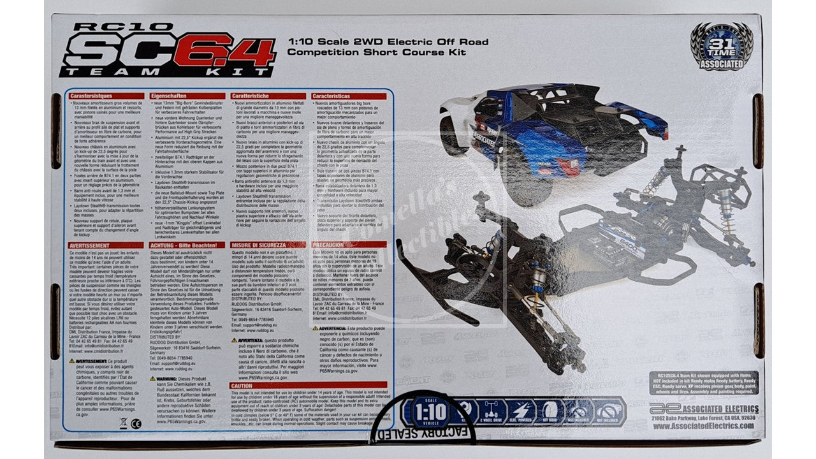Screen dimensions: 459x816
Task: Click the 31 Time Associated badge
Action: click(722, 45)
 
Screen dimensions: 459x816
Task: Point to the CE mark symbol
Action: click(135, 423)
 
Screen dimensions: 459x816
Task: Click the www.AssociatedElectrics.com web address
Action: click(705, 427)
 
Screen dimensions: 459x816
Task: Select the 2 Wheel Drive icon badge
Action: click(496, 412)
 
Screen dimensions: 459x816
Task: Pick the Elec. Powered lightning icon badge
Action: click(523, 412)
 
